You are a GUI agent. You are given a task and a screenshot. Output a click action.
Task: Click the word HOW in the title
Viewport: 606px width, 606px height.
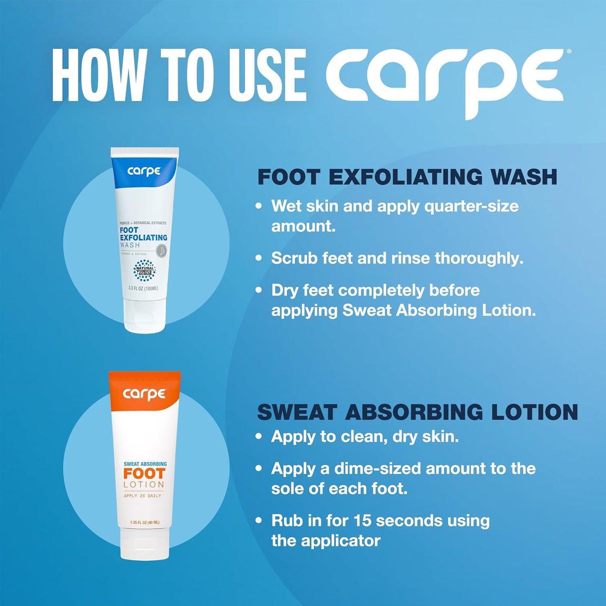[x=96, y=75]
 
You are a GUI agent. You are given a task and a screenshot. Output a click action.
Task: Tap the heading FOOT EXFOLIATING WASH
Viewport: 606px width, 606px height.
[x=407, y=177]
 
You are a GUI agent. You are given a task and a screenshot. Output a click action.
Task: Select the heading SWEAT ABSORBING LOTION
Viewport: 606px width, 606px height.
[x=417, y=412]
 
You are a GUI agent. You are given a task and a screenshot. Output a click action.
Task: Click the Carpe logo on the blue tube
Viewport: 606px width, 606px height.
[x=144, y=171]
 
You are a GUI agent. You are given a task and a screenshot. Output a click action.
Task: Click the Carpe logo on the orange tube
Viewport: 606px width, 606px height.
[x=144, y=394]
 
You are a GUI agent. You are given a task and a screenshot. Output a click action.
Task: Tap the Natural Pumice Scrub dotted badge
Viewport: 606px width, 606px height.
[x=144, y=270]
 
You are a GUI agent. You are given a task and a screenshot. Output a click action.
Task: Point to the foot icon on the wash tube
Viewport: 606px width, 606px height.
[x=161, y=251]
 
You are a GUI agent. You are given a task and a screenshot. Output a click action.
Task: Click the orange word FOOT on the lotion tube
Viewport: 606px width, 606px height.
[x=144, y=474]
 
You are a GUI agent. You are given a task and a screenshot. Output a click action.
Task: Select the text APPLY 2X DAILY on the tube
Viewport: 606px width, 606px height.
[x=143, y=496]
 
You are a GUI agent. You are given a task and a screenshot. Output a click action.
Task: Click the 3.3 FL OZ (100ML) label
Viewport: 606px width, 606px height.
[x=143, y=288]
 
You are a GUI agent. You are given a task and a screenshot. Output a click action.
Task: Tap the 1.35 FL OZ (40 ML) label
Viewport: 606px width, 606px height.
[x=144, y=523]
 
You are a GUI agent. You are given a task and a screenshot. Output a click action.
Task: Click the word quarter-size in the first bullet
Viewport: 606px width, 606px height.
[x=471, y=206]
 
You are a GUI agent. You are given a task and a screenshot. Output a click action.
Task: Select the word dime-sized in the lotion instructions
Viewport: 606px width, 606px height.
[x=377, y=468]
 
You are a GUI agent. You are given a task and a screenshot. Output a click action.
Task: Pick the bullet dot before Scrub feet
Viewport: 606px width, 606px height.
[x=259, y=258]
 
